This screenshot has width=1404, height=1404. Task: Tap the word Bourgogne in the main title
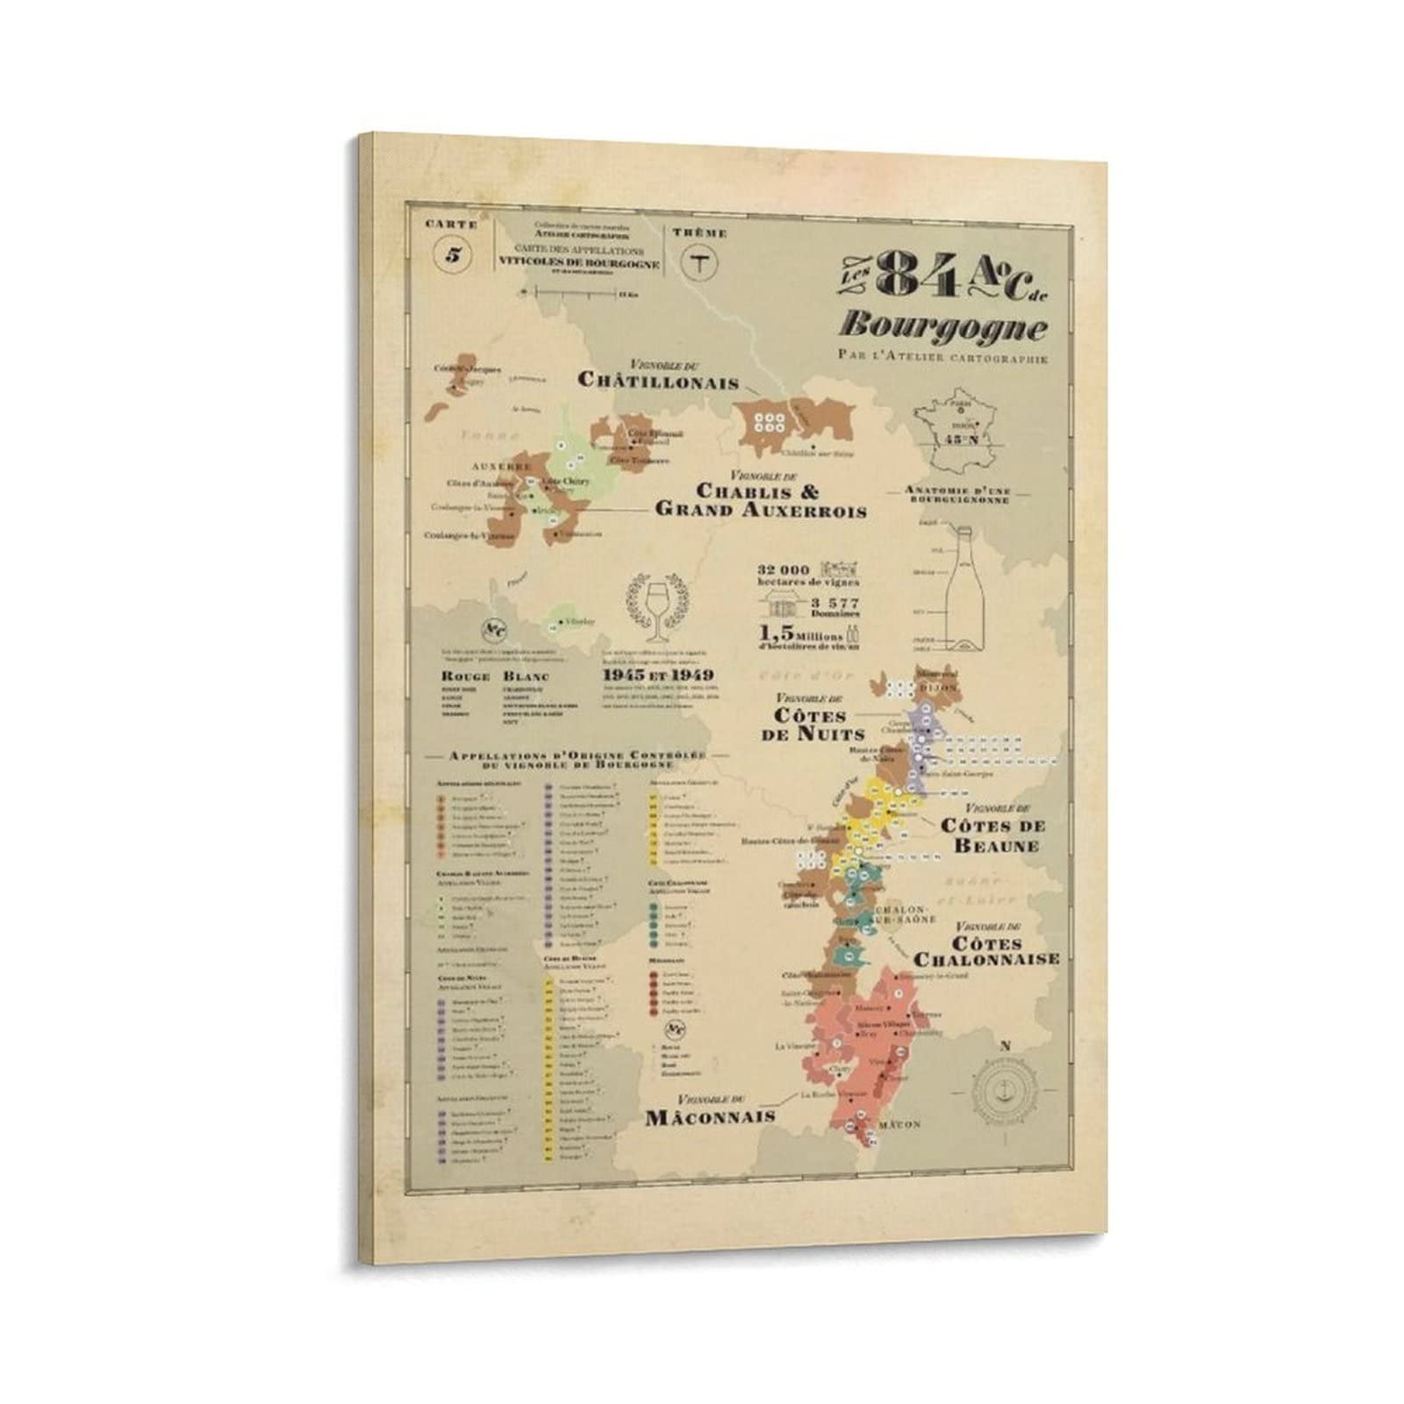(943, 327)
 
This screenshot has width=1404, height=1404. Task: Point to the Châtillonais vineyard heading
(657, 378)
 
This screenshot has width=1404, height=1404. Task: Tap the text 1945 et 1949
(657, 675)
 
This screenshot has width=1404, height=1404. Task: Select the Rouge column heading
(464, 676)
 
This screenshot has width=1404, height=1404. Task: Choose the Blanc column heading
(526, 676)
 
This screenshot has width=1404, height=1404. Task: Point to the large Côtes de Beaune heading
(992, 835)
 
